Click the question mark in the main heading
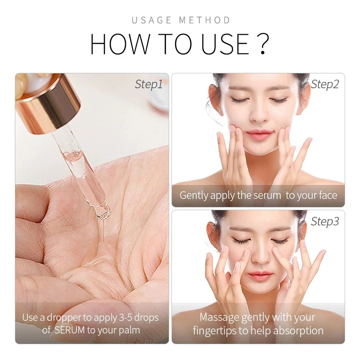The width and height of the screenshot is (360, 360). coord(264,44)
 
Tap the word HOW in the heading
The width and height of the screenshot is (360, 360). coord(117,44)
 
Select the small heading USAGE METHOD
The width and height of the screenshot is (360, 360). coord(181,20)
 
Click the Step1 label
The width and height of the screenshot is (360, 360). coord(148,84)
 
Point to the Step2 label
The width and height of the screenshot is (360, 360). coord(325,84)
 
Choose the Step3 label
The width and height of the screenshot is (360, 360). coord(325,221)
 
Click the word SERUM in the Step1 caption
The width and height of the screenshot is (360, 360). coord(69,330)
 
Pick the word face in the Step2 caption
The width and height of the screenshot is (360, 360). coord(326,195)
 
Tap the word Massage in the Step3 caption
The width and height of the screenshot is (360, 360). coord(219,317)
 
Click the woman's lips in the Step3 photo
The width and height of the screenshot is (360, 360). coord(261,275)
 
